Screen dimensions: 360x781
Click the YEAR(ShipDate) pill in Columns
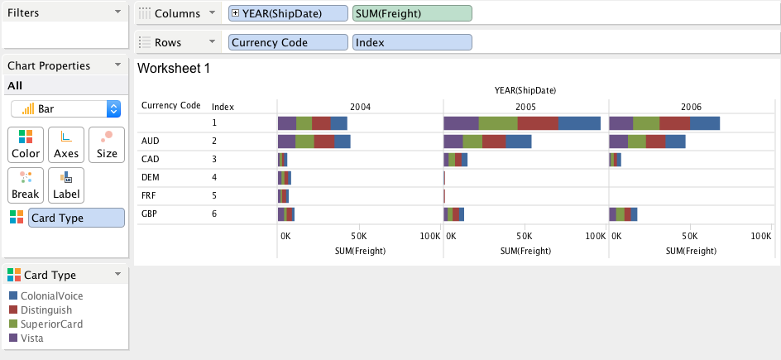point(289,13)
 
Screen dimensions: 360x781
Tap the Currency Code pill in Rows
point(289,42)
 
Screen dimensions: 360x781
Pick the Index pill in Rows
point(411,42)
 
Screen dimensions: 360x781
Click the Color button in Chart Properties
point(26,144)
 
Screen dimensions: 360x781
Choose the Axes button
point(66,144)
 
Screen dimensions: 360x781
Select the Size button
point(107,144)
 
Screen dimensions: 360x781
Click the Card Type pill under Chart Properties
point(76,217)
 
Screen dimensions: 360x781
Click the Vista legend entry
point(32,338)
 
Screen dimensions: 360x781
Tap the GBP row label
point(151,214)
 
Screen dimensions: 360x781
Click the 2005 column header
point(525,107)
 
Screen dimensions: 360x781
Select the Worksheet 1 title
point(174,69)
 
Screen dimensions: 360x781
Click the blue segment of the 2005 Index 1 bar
point(579,123)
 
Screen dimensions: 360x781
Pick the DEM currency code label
point(151,177)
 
